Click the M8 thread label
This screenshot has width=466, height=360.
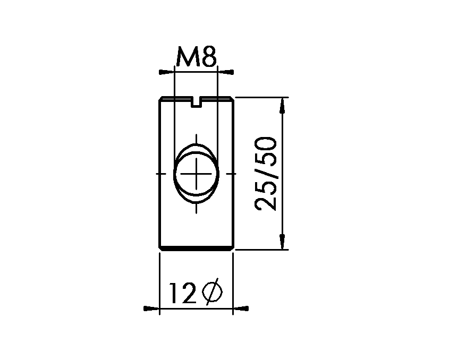click(196, 56)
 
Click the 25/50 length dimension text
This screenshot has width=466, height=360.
click(265, 174)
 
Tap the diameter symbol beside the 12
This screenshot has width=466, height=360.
click(212, 292)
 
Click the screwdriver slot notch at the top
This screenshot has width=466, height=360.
click(197, 102)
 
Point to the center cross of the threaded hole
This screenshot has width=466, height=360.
click(196, 174)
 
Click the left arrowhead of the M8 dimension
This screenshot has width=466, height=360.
click(166, 72)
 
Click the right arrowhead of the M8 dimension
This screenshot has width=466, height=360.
click(226, 72)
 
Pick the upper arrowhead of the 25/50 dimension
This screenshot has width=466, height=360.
click(282, 106)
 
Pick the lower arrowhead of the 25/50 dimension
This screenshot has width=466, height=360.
click(282, 242)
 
